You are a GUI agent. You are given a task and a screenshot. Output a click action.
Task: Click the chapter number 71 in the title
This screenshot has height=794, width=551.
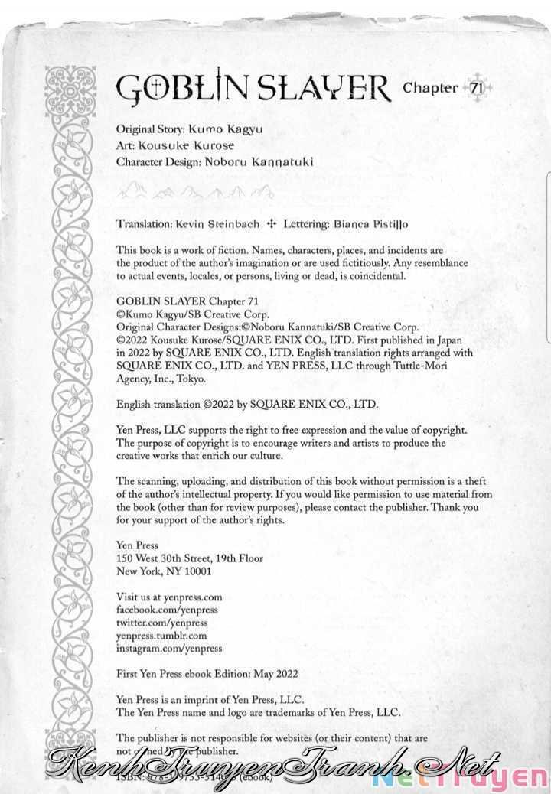tap(476, 88)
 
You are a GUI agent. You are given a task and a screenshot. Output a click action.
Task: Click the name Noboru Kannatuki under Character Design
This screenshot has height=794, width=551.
tap(260, 161)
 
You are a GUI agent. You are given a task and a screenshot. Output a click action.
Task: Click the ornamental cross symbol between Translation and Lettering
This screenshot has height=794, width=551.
tap(270, 225)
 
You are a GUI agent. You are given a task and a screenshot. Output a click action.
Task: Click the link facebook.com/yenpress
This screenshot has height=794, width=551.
tap(167, 610)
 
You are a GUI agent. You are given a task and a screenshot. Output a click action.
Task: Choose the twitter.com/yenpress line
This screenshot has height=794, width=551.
tap(161, 623)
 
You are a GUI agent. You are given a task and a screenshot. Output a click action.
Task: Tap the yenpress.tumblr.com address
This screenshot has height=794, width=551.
tap(161, 635)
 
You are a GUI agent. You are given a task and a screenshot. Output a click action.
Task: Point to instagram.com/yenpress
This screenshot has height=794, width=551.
tap(169, 648)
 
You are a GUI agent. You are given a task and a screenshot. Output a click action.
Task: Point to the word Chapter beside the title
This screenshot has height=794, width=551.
tap(430, 88)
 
